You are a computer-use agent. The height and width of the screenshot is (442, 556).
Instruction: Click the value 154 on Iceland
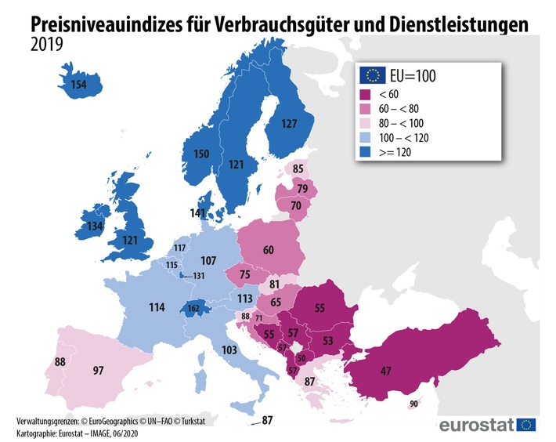78,85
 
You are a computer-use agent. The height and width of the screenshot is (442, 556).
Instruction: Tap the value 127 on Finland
289,123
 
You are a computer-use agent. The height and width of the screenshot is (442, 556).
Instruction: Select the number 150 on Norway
201,154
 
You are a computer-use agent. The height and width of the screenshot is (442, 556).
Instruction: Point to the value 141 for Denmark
198,212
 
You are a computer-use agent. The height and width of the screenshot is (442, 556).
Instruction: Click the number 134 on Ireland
96,226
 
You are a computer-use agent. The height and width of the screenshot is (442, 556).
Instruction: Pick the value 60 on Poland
269,250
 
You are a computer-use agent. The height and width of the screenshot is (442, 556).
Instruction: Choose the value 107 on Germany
208,260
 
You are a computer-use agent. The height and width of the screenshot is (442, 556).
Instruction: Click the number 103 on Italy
230,349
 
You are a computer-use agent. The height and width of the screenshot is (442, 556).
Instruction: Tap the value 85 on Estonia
298,168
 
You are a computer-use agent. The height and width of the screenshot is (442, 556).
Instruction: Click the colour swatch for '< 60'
365,94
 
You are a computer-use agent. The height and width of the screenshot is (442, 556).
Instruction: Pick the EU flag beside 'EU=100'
371,75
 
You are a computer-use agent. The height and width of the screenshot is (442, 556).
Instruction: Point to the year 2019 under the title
48,45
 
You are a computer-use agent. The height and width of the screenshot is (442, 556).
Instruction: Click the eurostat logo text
476,426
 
